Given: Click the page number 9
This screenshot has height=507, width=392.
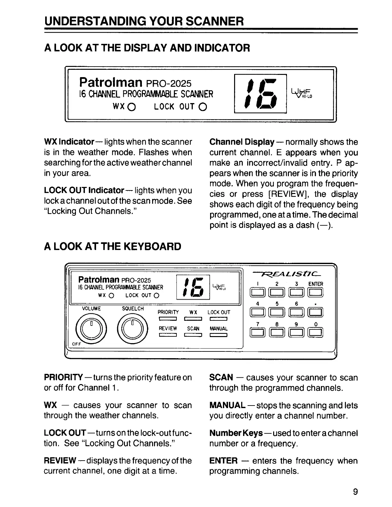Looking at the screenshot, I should [x=355, y=492].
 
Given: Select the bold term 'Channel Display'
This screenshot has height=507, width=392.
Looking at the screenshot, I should [x=242, y=142].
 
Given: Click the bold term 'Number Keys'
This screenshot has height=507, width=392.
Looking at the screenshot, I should [x=236, y=433].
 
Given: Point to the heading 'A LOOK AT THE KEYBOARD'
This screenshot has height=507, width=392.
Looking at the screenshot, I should [x=112, y=246].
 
